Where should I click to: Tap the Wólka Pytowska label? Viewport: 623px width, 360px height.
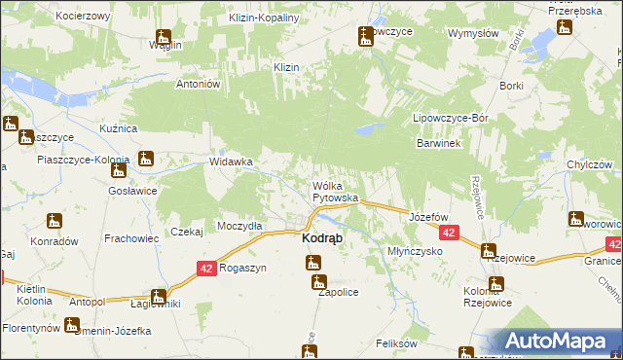[335, 191]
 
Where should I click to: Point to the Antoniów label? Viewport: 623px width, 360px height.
[200, 83]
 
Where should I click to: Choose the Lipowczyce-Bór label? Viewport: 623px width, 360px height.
[450, 118]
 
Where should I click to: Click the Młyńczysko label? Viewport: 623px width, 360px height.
[416, 250]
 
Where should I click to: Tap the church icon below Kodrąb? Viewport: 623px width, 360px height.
[312, 262]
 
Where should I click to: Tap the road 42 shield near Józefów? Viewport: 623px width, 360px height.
[449, 234]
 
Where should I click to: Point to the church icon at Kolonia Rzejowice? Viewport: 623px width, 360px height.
[495, 285]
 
